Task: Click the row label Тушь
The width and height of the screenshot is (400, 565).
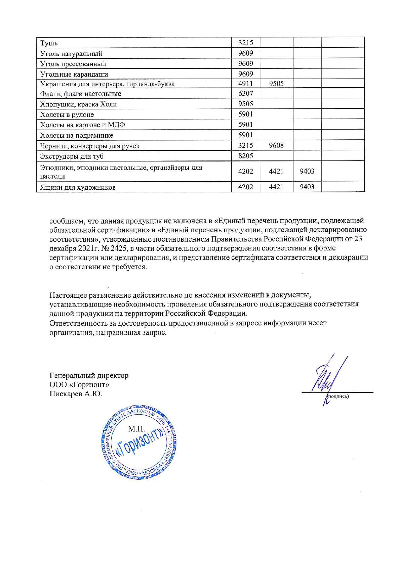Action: pyautogui.click(x=49, y=43)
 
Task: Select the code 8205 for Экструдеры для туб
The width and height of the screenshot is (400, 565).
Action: pyautogui.click(x=245, y=156)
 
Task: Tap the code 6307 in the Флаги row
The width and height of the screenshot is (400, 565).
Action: pyautogui.click(x=245, y=94)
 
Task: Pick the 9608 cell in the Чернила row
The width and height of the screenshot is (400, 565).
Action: pyautogui.click(x=276, y=146)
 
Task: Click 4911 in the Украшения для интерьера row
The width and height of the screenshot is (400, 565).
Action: pyautogui.click(x=245, y=84)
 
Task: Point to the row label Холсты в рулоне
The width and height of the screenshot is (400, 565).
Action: pyautogui.click(x=67, y=115)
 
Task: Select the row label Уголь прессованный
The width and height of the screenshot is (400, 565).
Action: pyautogui.click(x=73, y=64)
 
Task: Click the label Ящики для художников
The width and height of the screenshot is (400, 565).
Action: pyautogui.click(x=78, y=187)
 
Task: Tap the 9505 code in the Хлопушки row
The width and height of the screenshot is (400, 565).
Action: pyautogui.click(x=245, y=104)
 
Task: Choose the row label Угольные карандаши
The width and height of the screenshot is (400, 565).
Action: pyautogui.click(x=74, y=74)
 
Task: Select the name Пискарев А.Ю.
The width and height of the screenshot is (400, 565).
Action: pyautogui.click(x=76, y=393)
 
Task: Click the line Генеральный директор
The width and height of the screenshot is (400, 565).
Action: pyautogui.click(x=89, y=375)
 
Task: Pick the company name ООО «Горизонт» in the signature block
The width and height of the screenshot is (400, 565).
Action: pyautogui.click(x=79, y=384)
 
